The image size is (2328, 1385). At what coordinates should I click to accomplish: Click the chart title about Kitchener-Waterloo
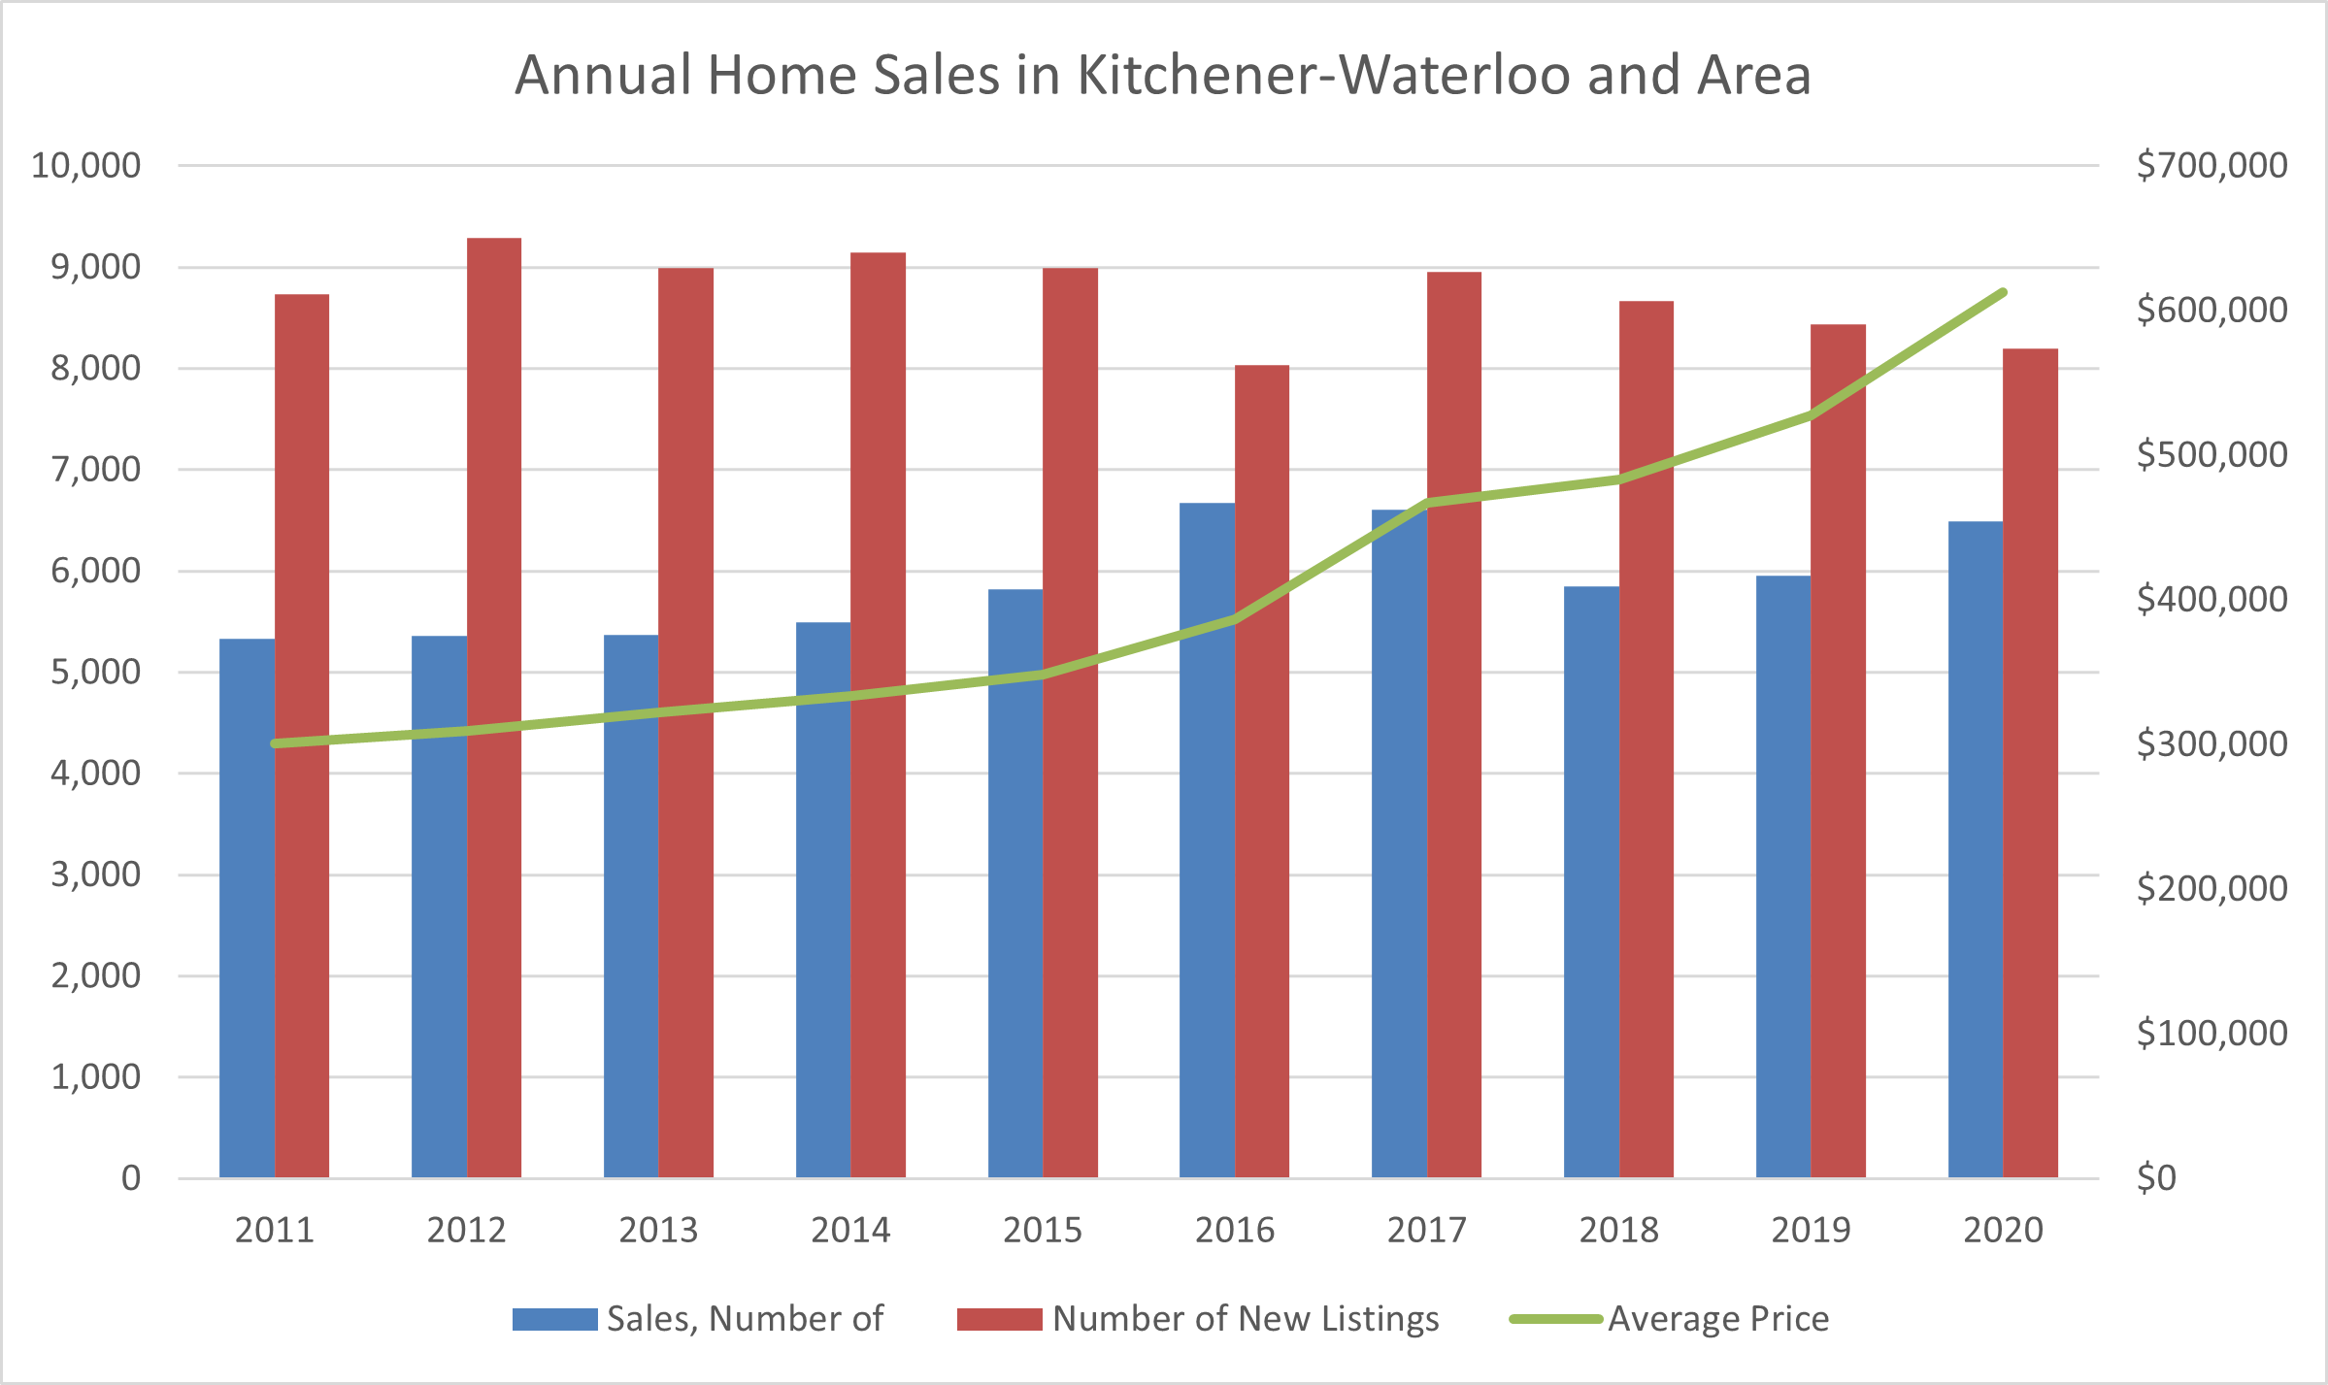tap(1163, 75)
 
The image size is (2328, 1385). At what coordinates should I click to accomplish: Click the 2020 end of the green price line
tap(2003, 292)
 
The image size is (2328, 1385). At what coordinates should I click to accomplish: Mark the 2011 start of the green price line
tap(276, 743)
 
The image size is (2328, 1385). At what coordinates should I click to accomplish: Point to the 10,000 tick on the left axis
tap(86, 166)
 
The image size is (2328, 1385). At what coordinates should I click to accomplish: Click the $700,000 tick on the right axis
tap(2212, 166)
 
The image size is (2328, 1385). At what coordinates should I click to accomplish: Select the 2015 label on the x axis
tap(1043, 1231)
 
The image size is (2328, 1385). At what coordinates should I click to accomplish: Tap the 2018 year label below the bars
tap(1618, 1231)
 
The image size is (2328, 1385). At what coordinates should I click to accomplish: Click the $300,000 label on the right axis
tap(2212, 744)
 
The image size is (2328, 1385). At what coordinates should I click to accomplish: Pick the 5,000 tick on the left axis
tap(95, 672)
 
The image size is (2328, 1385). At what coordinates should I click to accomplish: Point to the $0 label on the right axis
tap(2156, 1178)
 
